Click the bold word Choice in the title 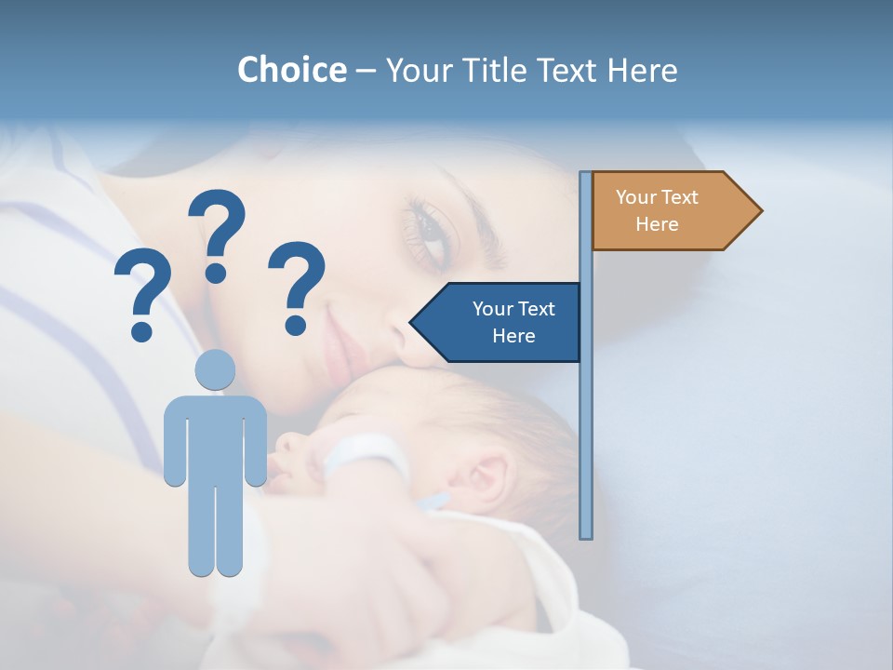[291, 70]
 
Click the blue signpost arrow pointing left [498, 322]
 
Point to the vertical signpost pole [586, 419]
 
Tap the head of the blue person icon [215, 370]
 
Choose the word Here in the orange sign [657, 224]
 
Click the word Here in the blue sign [513, 336]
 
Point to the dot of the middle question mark [216, 274]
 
